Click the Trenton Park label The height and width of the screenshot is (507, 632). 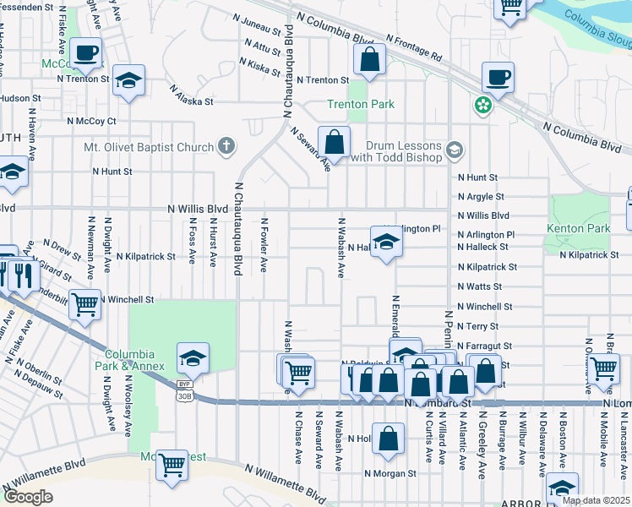361,104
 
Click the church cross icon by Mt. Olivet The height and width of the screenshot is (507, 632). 226,147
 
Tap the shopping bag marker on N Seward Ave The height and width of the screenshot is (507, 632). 335,142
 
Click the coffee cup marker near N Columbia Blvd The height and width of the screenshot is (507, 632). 498,79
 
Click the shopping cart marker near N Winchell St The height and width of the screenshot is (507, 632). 84,303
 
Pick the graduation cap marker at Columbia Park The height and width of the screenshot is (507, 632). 193,358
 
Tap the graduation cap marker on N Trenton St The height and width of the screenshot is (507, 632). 128,81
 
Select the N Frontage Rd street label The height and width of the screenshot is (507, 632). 414,47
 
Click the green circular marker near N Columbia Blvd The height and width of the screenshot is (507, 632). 482,106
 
